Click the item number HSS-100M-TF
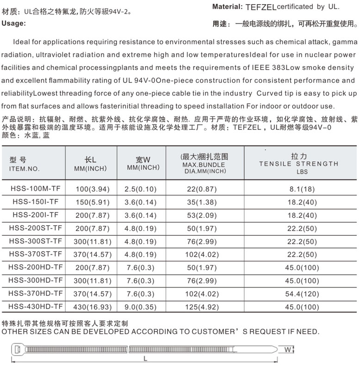(x=35, y=189)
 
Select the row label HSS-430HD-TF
(x=35, y=306)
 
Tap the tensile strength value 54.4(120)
(x=301, y=294)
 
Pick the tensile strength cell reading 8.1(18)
(x=301, y=189)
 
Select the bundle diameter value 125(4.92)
(x=205, y=307)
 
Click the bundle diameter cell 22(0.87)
(x=205, y=189)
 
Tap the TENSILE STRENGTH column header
(x=298, y=164)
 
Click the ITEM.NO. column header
(x=24, y=169)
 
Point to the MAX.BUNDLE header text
(x=204, y=164)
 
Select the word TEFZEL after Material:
(x=260, y=7)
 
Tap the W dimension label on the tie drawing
(x=287, y=350)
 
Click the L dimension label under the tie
(x=145, y=358)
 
